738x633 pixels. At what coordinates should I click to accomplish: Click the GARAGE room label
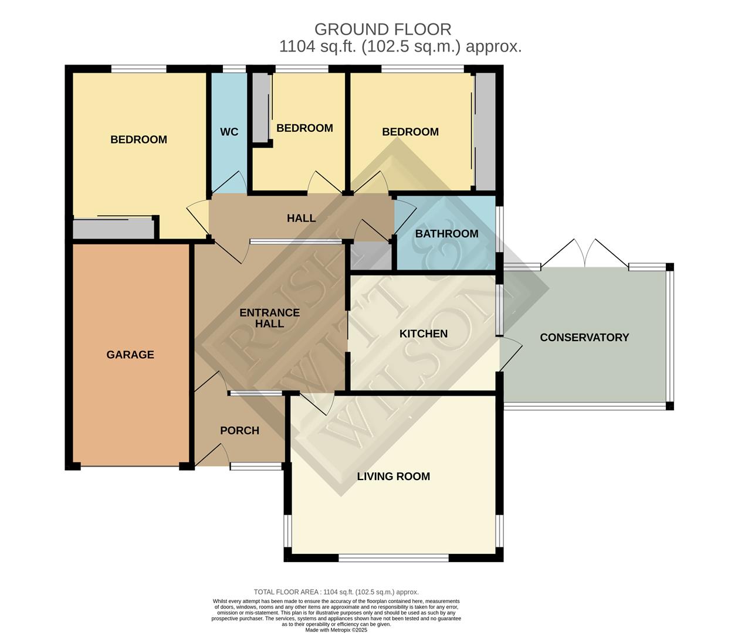coord(130,355)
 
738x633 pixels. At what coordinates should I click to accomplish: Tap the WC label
coord(229,132)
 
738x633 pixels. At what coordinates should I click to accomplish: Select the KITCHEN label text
coord(424,333)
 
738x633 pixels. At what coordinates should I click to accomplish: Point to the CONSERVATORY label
coord(584,337)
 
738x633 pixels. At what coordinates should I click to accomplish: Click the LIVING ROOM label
coord(394,477)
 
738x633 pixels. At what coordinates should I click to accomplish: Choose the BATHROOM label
coord(446,234)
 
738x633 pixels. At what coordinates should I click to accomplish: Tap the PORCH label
coord(239,431)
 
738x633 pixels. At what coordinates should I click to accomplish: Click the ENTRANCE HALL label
coord(270,318)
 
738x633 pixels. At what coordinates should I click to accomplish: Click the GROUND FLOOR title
coord(382,29)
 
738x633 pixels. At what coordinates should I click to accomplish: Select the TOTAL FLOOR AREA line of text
coord(336,592)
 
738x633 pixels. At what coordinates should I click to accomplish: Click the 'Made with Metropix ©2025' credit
coord(336,630)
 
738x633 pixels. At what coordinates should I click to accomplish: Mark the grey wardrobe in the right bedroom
coord(485,131)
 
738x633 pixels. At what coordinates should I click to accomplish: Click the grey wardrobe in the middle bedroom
coord(261,107)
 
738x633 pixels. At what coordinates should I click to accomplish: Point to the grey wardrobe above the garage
coord(114,229)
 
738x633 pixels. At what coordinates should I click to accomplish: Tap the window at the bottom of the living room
coord(394,558)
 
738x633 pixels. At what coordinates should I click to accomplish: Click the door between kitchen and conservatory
coord(510,355)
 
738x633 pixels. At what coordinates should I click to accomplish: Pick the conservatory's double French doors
coord(584,253)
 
